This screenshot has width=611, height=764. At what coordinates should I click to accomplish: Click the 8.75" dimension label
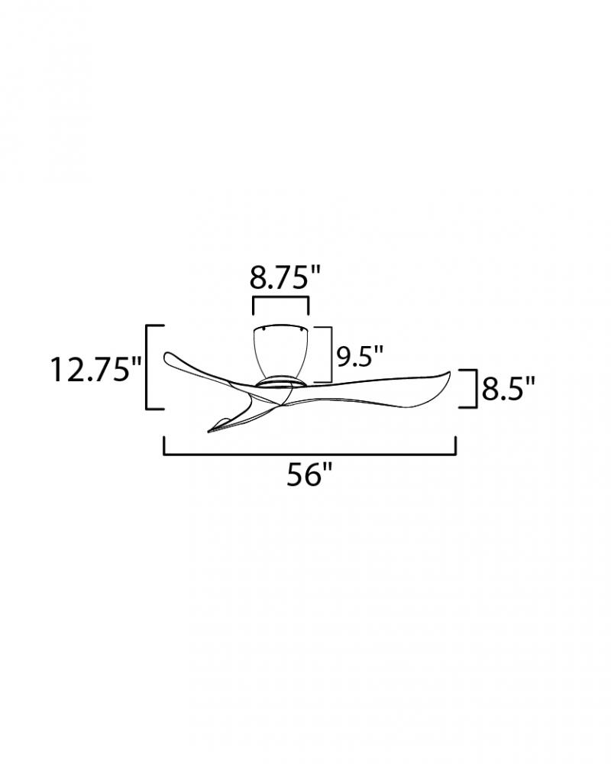[x=285, y=278]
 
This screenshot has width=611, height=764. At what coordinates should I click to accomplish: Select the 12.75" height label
[x=96, y=369]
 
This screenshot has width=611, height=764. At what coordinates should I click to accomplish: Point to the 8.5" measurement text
[x=509, y=390]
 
